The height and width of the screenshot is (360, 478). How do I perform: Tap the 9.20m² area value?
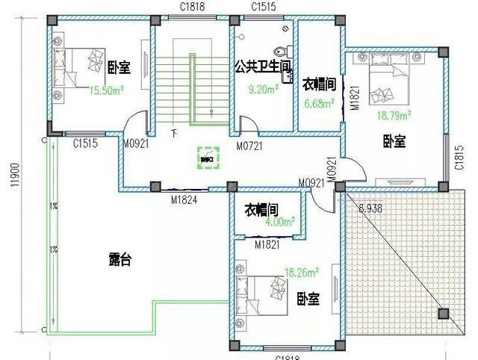pos(264,89)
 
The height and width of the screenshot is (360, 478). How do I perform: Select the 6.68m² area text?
pos(317,104)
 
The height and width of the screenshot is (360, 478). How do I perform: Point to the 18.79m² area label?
pos(394,115)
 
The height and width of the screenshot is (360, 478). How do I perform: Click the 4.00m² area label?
pos(279,223)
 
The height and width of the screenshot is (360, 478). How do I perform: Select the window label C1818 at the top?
pos(192,6)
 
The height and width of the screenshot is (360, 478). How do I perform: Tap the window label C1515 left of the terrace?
pos(86,143)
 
